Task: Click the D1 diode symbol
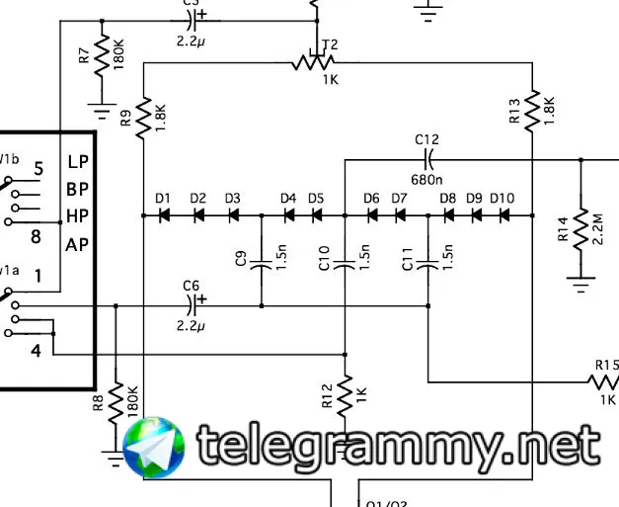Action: click(164, 214)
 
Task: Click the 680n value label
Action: click(427, 180)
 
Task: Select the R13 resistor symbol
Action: click(532, 110)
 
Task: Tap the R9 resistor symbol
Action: click(144, 117)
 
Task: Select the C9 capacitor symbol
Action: click(262, 264)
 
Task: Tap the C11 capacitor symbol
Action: click(427, 264)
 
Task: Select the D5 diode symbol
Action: click(316, 214)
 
